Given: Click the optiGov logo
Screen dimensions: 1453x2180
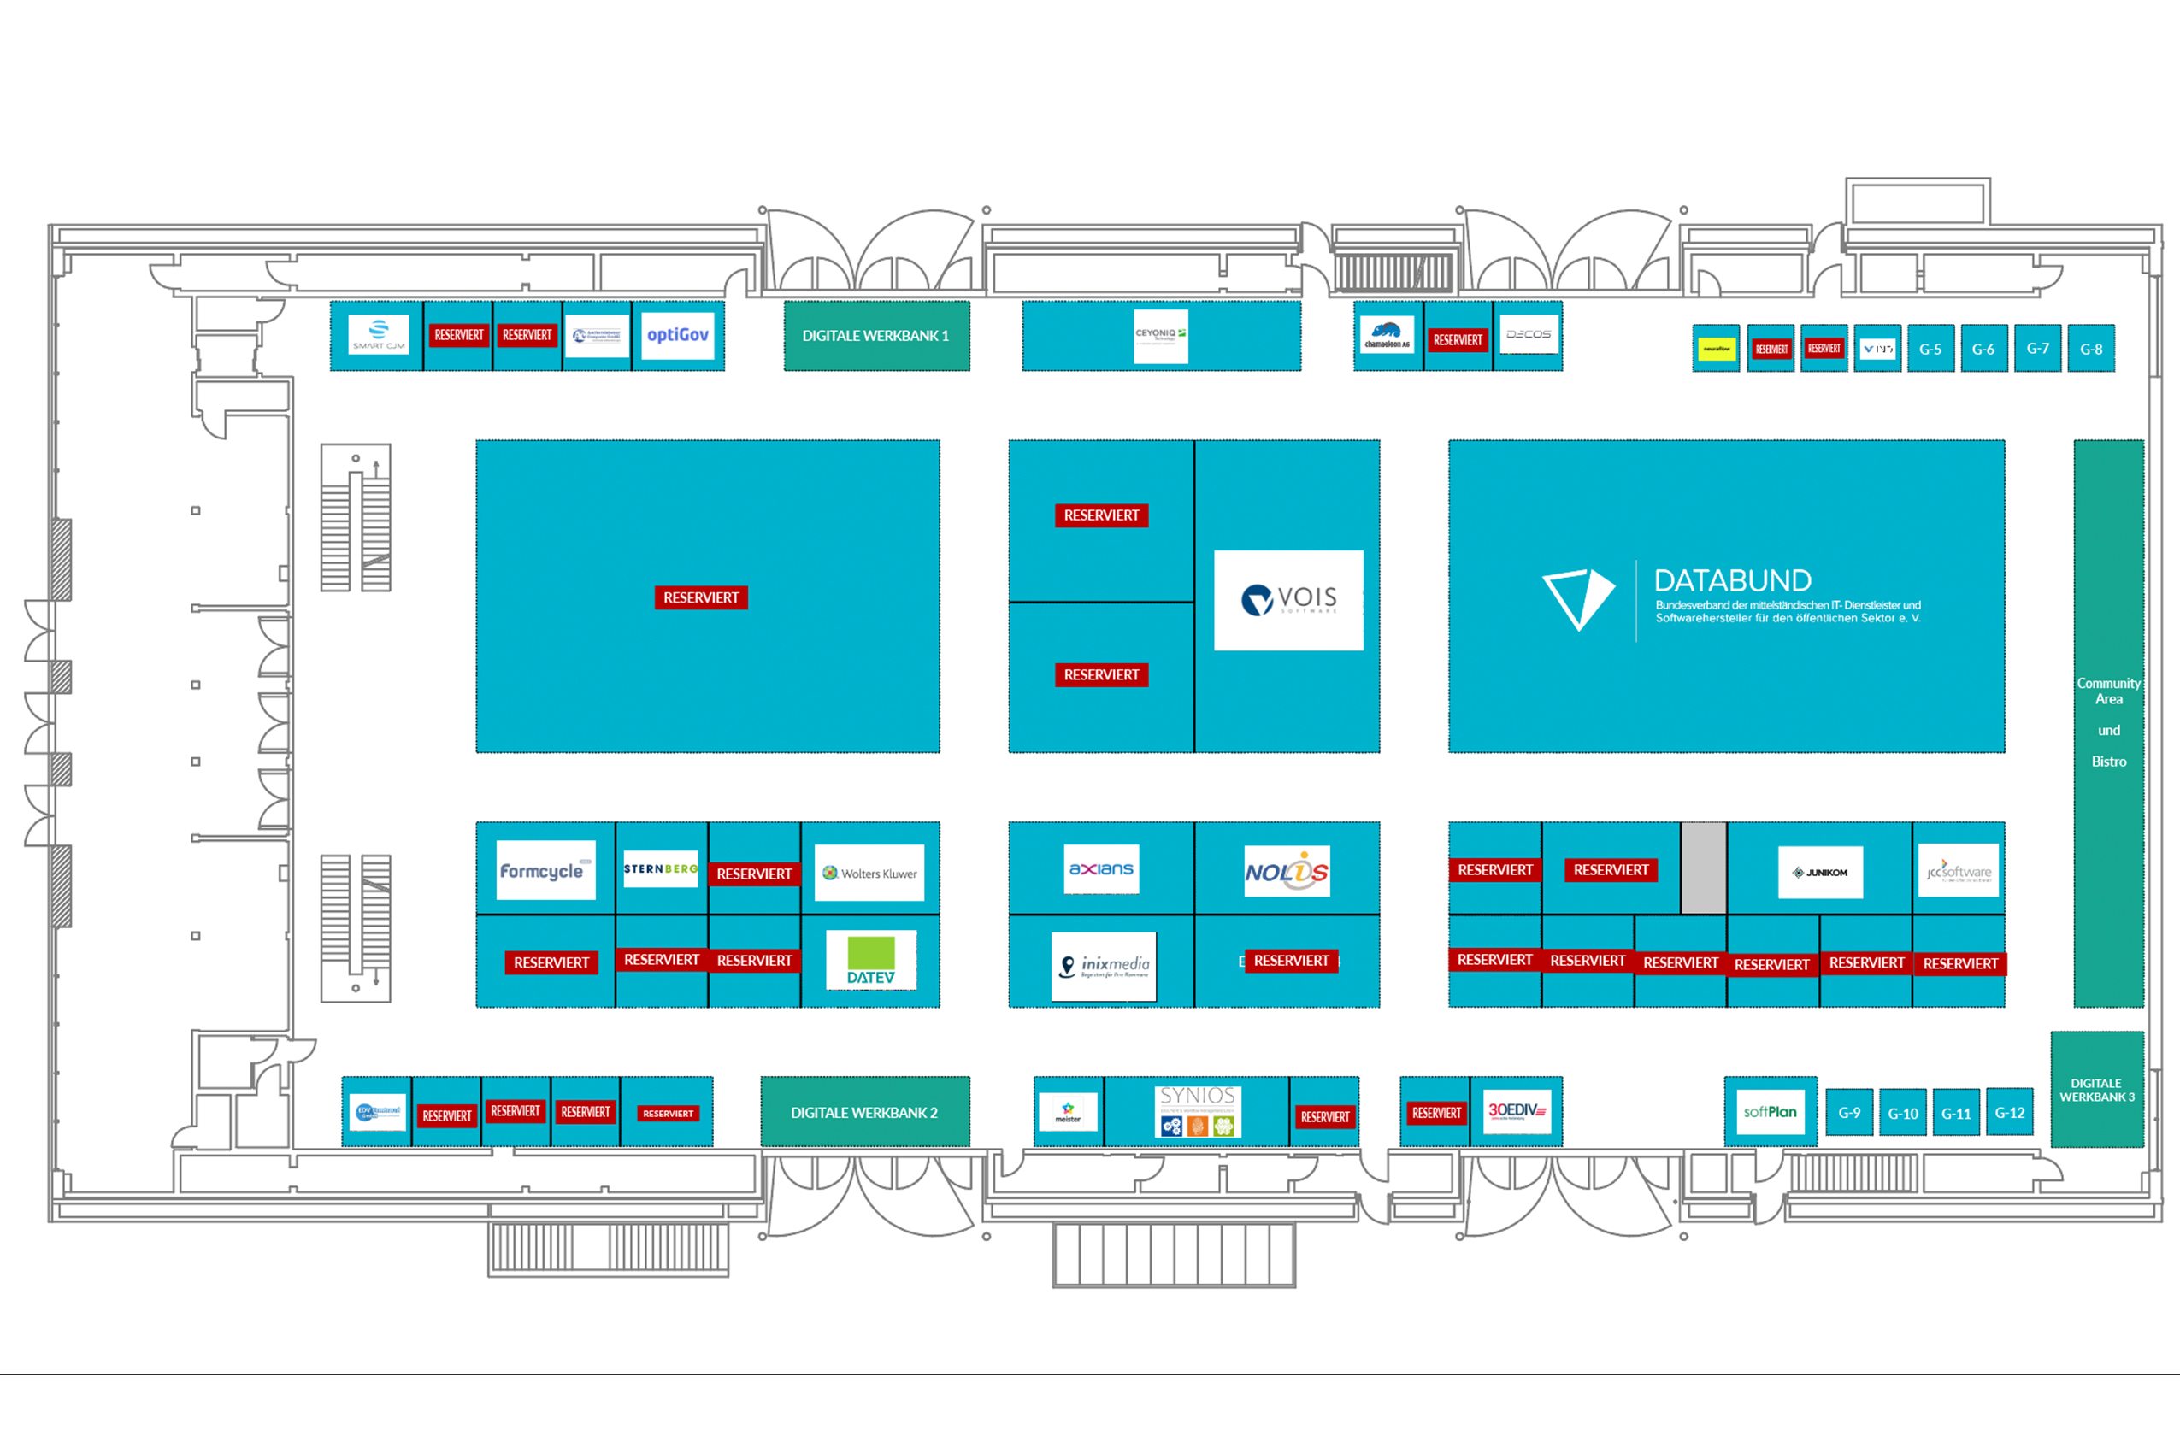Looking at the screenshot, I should (678, 335).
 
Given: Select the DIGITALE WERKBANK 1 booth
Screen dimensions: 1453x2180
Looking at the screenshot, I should (876, 335).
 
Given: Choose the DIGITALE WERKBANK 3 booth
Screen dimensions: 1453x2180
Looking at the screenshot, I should (2096, 1090).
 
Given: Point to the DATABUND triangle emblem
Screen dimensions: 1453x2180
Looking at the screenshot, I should (1577, 598).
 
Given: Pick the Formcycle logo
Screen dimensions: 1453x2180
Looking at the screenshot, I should (545, 870).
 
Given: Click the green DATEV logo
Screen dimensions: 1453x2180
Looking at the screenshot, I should (870, 960).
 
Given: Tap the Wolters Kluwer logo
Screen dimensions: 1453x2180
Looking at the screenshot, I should (869, 873).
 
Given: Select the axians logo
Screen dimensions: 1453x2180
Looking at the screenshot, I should (1101, 869).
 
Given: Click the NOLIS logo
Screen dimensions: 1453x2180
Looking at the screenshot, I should (1287, 871).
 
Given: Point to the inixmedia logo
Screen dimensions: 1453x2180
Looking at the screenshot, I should (1104, 967).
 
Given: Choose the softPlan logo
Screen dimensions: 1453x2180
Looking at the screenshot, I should (1770, 1112).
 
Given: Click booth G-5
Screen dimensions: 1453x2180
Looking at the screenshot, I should (1930, 350).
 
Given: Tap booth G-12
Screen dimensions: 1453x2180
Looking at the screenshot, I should (2010, 1113).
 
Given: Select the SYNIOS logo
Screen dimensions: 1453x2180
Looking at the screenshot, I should (1198, 1111).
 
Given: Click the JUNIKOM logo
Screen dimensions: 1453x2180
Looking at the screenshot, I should (1820, 872).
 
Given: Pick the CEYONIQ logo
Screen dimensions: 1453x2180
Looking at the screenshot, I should (1160, 335).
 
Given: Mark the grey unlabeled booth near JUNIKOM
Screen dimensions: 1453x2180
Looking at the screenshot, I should (1704, 868).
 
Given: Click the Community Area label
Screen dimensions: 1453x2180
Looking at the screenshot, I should (2109, 691).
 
